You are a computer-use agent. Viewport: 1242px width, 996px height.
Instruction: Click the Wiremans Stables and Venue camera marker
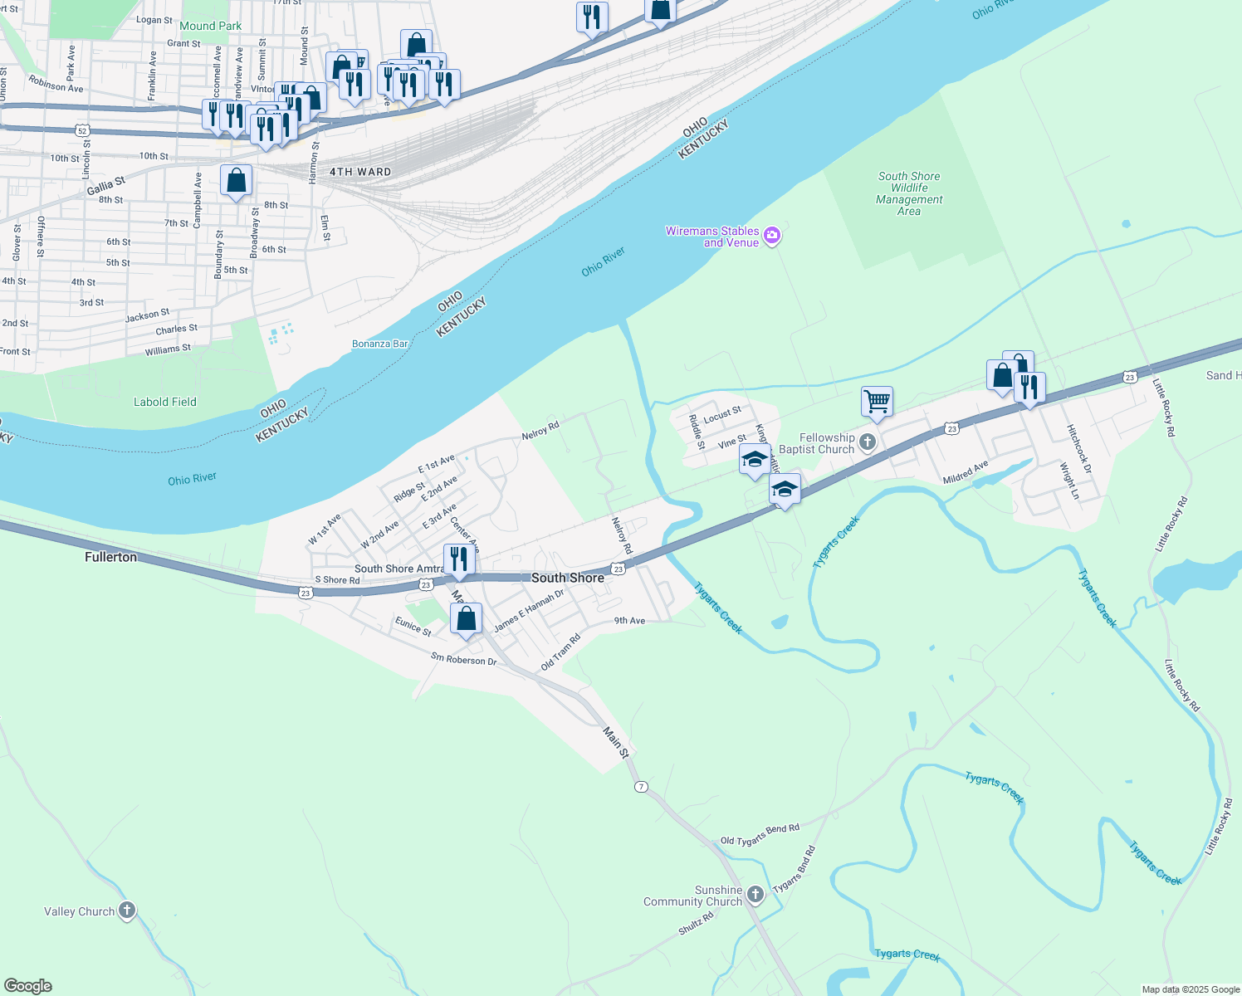click(772, 237)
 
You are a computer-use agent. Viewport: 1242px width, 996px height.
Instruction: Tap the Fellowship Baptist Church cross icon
click(868, 442)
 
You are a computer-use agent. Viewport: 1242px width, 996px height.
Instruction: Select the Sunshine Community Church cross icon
click(755, 895)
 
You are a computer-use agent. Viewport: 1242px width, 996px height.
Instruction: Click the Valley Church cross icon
click(127, 911)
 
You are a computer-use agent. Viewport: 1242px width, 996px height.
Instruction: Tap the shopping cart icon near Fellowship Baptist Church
click(877, 402)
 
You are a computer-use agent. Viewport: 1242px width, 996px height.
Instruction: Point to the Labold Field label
click(165, 402)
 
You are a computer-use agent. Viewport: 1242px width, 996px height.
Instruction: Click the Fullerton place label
click(110, 557)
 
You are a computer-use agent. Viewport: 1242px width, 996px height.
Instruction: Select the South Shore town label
click(568, 578)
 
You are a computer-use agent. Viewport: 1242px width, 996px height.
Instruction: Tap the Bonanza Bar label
click(380, 344)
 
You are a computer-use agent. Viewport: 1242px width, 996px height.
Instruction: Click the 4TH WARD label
click(360, 172)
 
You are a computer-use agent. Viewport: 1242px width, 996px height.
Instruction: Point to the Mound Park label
click(211, 26)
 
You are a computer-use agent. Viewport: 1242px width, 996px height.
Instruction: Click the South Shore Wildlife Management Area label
click(909, 193)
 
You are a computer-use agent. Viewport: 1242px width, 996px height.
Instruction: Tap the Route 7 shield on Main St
click(640, 786)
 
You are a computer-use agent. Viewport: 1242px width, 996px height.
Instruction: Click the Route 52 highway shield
click(81, 130)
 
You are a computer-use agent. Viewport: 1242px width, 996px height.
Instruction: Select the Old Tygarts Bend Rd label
click(760, 834)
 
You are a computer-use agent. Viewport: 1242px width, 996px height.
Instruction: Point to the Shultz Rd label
click(696, 925)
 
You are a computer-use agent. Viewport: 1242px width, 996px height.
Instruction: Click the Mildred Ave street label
click(966, 473)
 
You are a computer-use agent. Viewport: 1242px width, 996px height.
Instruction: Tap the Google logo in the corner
click(27, 986)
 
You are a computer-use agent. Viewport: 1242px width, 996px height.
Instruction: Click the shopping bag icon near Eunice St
click(466, 618)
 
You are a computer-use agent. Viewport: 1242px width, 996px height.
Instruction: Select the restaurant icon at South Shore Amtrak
click(459, 559)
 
